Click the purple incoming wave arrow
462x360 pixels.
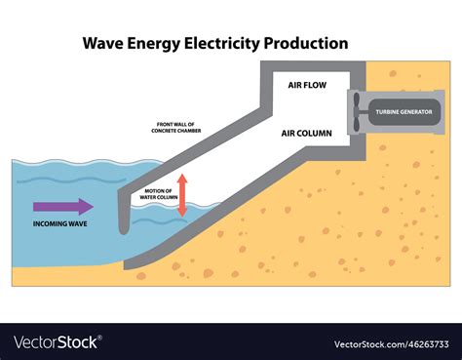point(63,206)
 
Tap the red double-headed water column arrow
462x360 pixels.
point(180,194)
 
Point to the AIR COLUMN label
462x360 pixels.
point(307,134)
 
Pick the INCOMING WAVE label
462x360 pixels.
point(60,223)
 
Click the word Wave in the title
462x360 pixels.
point(103,43)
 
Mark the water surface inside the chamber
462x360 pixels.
point(161,207)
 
